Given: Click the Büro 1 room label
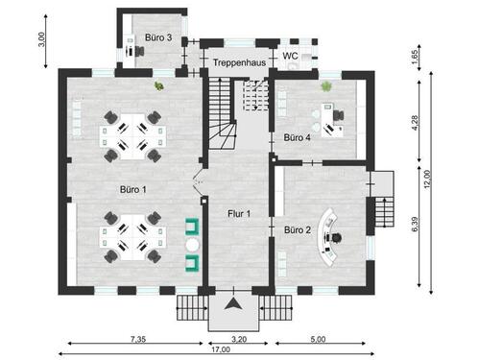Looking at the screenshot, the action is point(133,189).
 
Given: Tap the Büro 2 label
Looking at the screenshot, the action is point(298,229).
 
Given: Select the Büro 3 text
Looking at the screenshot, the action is point(158,37).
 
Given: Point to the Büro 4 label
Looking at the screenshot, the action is point(298,137).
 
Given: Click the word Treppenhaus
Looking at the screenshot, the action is point(239,62).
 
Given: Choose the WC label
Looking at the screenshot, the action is point(290,56).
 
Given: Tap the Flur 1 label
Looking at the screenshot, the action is point(239,213).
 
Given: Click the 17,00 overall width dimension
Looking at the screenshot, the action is point(221,349).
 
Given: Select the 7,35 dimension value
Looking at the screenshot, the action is point(138,339).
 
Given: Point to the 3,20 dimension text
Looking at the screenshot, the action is point(239,339).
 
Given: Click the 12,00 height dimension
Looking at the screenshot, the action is point(427,180).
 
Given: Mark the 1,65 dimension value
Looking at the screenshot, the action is point(415,57).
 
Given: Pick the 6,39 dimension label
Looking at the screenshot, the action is point(415,224).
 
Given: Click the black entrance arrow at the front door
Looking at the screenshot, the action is point(233,303).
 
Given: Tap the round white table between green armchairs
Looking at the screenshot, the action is point(193,245).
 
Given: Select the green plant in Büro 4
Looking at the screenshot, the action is point(326,86).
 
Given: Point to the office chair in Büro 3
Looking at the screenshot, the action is point(139,51).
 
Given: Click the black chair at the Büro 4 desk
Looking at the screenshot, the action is point(339,115).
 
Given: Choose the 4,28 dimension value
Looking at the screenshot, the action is point(415,123).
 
